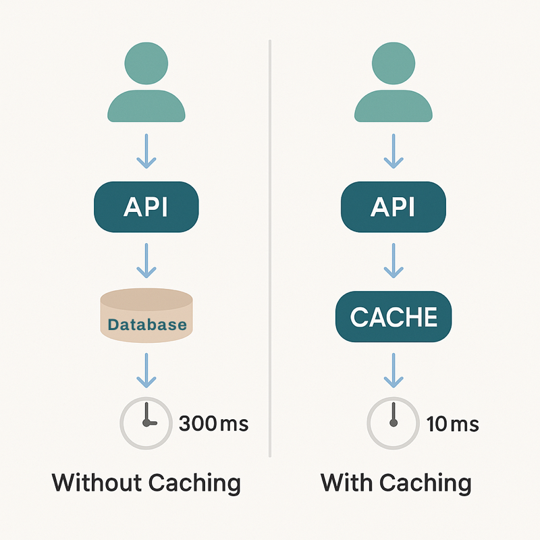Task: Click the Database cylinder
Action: [146, 315]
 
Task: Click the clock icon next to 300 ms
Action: [146, 424]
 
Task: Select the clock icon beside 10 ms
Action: [393, 424]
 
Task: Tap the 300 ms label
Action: [213, 425]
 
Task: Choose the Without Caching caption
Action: [146, 483]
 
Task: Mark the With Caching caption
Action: [396, 483]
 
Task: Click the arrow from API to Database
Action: [146, 261]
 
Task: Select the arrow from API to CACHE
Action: [393, 261]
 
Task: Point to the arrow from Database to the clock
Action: [146, 370]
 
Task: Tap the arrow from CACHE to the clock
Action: [393, 370]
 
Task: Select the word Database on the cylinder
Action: [147, 325]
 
